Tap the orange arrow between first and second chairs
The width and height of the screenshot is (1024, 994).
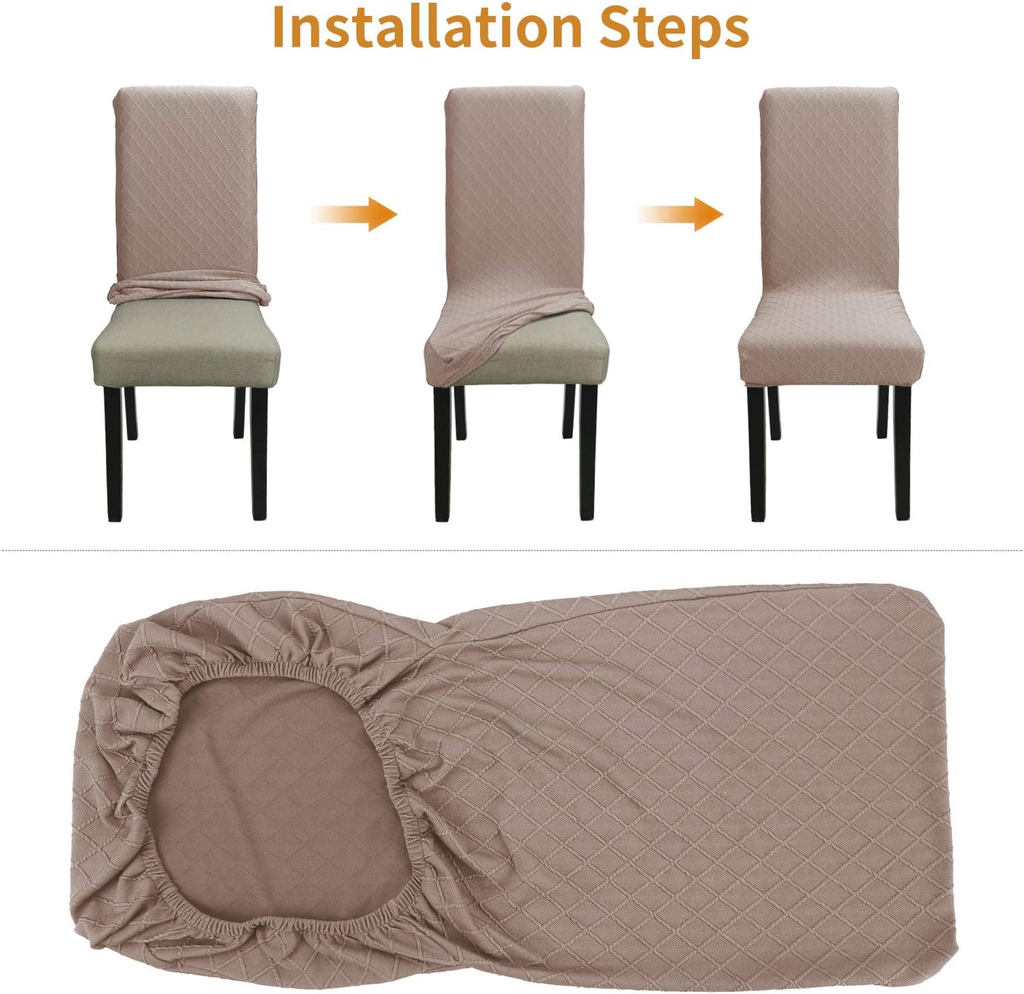pos(357,213)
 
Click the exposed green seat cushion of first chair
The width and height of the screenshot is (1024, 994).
pos(185,341)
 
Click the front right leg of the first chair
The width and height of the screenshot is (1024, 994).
pos(258,452)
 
